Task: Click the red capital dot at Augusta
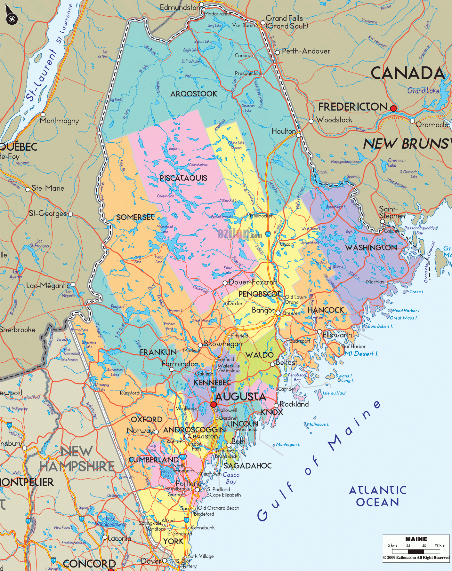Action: (214, 405)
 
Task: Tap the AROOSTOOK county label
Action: (194, 94)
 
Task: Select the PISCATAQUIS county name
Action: (183, 178)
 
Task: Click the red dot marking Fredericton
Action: (393, 108)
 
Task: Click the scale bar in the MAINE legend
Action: (416, 551)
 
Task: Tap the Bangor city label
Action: (263, 310)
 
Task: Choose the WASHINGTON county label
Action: (371, 248)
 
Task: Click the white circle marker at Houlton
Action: (298, 135)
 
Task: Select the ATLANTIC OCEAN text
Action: (378, 496)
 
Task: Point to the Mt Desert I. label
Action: (361, 354)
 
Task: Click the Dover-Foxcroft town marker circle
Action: (225, 283)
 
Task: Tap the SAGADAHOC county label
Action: (247, 466)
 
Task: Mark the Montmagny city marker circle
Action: (43, 115)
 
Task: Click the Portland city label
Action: (189, 483)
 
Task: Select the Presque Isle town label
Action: (248, 73)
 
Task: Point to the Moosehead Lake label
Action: (165, 229)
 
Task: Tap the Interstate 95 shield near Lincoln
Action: (268, 234)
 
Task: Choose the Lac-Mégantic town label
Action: (48, 285)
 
